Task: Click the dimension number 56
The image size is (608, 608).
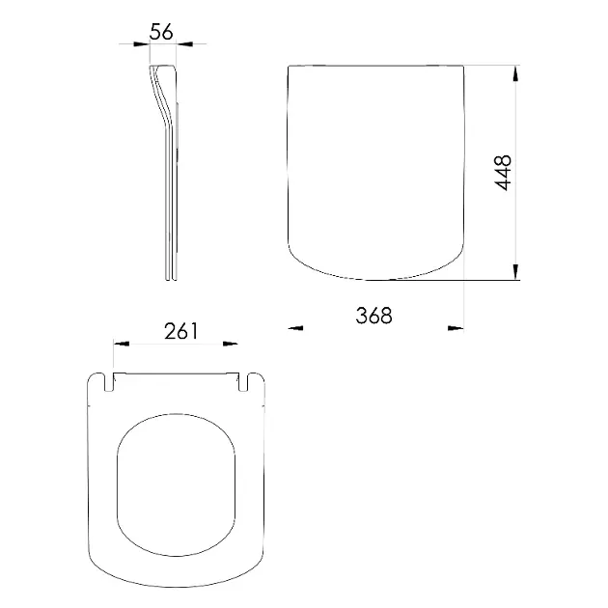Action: click(x=162, y=31)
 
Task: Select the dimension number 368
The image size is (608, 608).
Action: click(x=373, y=315)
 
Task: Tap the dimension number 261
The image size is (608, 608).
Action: click(x=181, y=331)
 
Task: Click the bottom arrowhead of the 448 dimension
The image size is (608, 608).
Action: click(x=515, y=274)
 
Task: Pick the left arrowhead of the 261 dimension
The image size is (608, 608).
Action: click(x=122, y=343)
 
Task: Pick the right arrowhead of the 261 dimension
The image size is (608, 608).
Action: click(x=232, y=343)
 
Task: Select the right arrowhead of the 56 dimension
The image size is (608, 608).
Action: click(x=185, y=43)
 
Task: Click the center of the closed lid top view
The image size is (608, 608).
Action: click(x=376, y=169)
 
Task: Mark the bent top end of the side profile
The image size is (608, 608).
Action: click(x=164, y=69)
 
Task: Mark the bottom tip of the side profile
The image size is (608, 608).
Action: click(x=170, y=279)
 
